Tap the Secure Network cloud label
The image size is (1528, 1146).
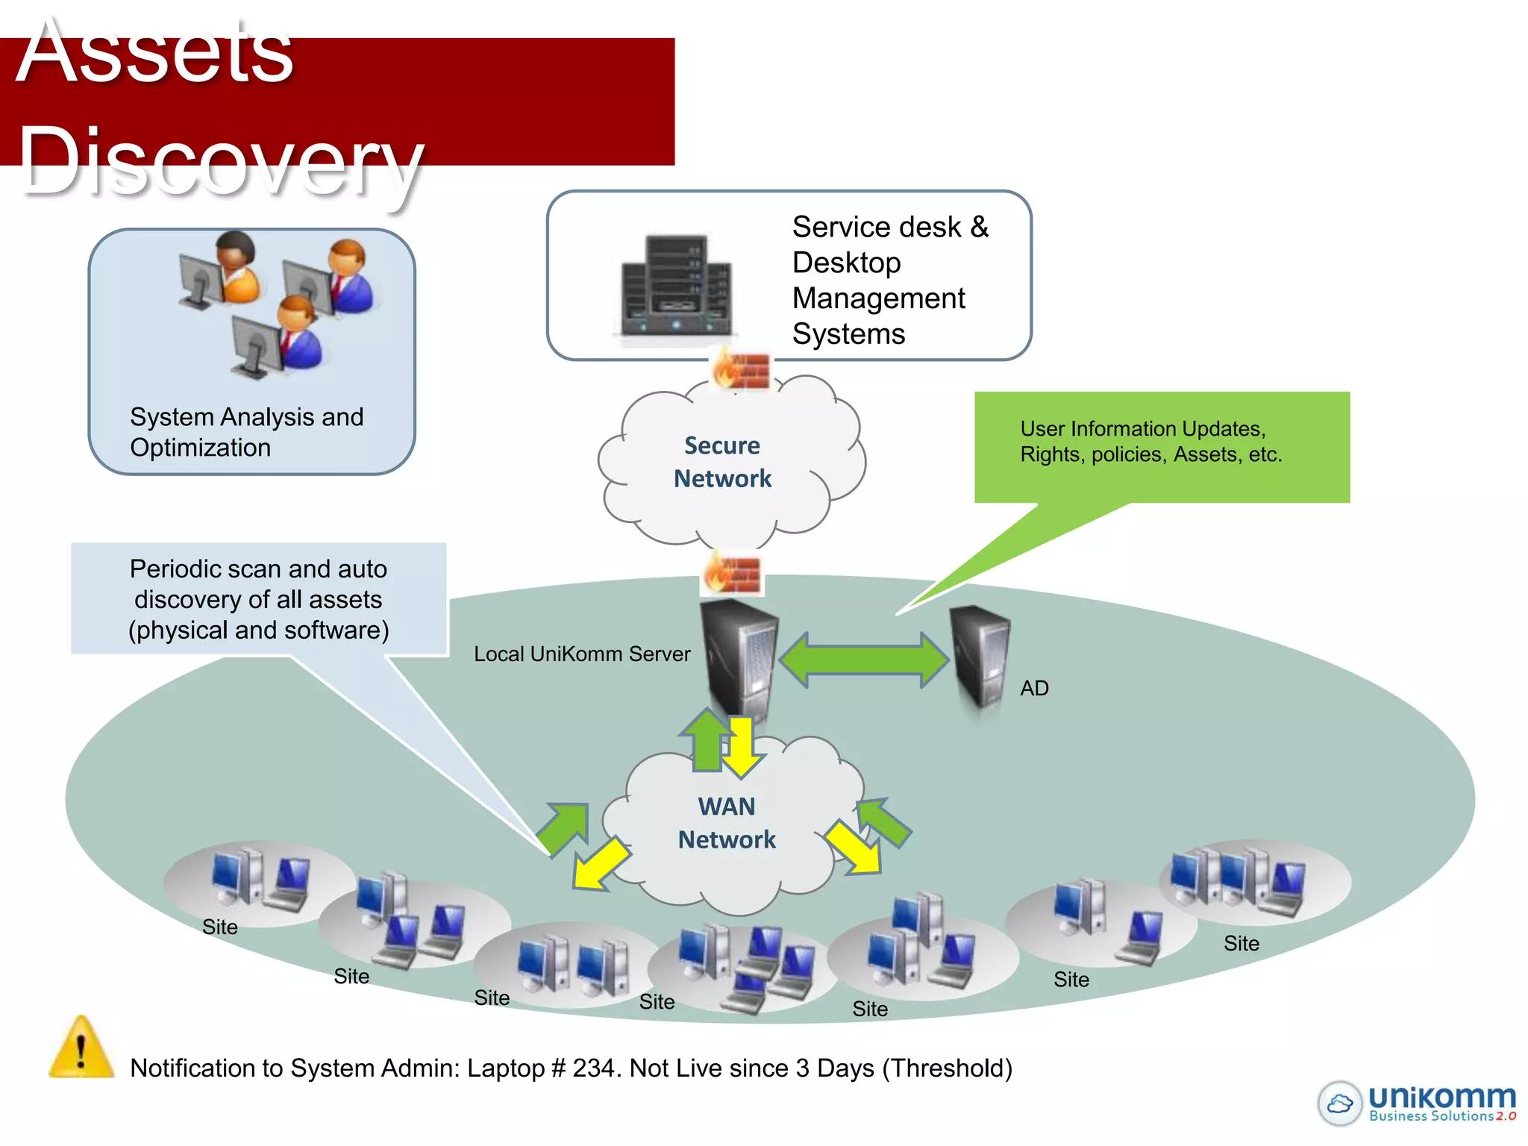pyautogui.click(x=722, y=462)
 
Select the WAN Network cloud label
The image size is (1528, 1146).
pyautogui.click(x=726, y=823)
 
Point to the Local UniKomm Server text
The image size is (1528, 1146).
pyautogui.click(x=582, y=654)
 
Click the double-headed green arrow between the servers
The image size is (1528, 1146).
pyautogui.click(x=864, y=660)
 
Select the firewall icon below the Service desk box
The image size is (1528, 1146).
pyautogui.click(x=741, y=370)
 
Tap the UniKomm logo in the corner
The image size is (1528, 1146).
pyautogui.click(x=1417, y=1103)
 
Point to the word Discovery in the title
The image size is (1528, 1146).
pyautogui.click(x=220, y=160)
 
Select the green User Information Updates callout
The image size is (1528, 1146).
pyautogui.click(x=1161, y=446)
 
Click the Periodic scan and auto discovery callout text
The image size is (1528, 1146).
pyautogui.click(x=258, y=599)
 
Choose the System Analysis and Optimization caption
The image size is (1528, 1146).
pyautogui.click(x=246, y=432)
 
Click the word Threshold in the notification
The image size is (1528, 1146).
pyautogui.click(x=947, y=1068)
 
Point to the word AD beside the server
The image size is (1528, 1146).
pyautogui.click(x=1034, y=688)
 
